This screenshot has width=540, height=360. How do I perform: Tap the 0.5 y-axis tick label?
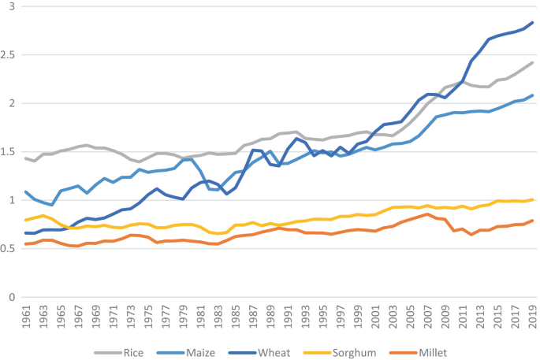(x=9, y=249)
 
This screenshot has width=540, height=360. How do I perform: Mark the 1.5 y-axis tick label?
(x=9, y=152)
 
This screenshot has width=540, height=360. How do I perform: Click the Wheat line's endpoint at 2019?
(x=533, y=23)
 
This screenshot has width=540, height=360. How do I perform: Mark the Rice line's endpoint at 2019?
(x=533, y=62)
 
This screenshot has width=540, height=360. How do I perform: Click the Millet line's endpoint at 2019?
(x=533, y=221)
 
